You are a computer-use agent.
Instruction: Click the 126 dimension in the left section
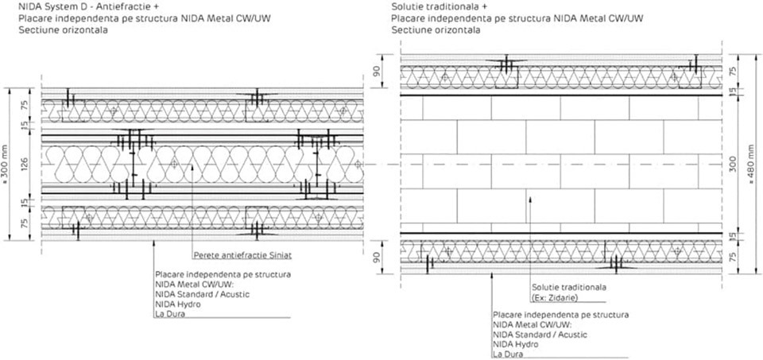coord(24,165)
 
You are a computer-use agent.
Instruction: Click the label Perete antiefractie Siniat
coord(232,256)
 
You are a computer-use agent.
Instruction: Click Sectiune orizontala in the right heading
coord(436,29)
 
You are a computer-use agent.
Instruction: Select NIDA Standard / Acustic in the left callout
coord(203,294)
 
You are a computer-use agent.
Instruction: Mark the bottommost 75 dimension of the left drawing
coord(24,223)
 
